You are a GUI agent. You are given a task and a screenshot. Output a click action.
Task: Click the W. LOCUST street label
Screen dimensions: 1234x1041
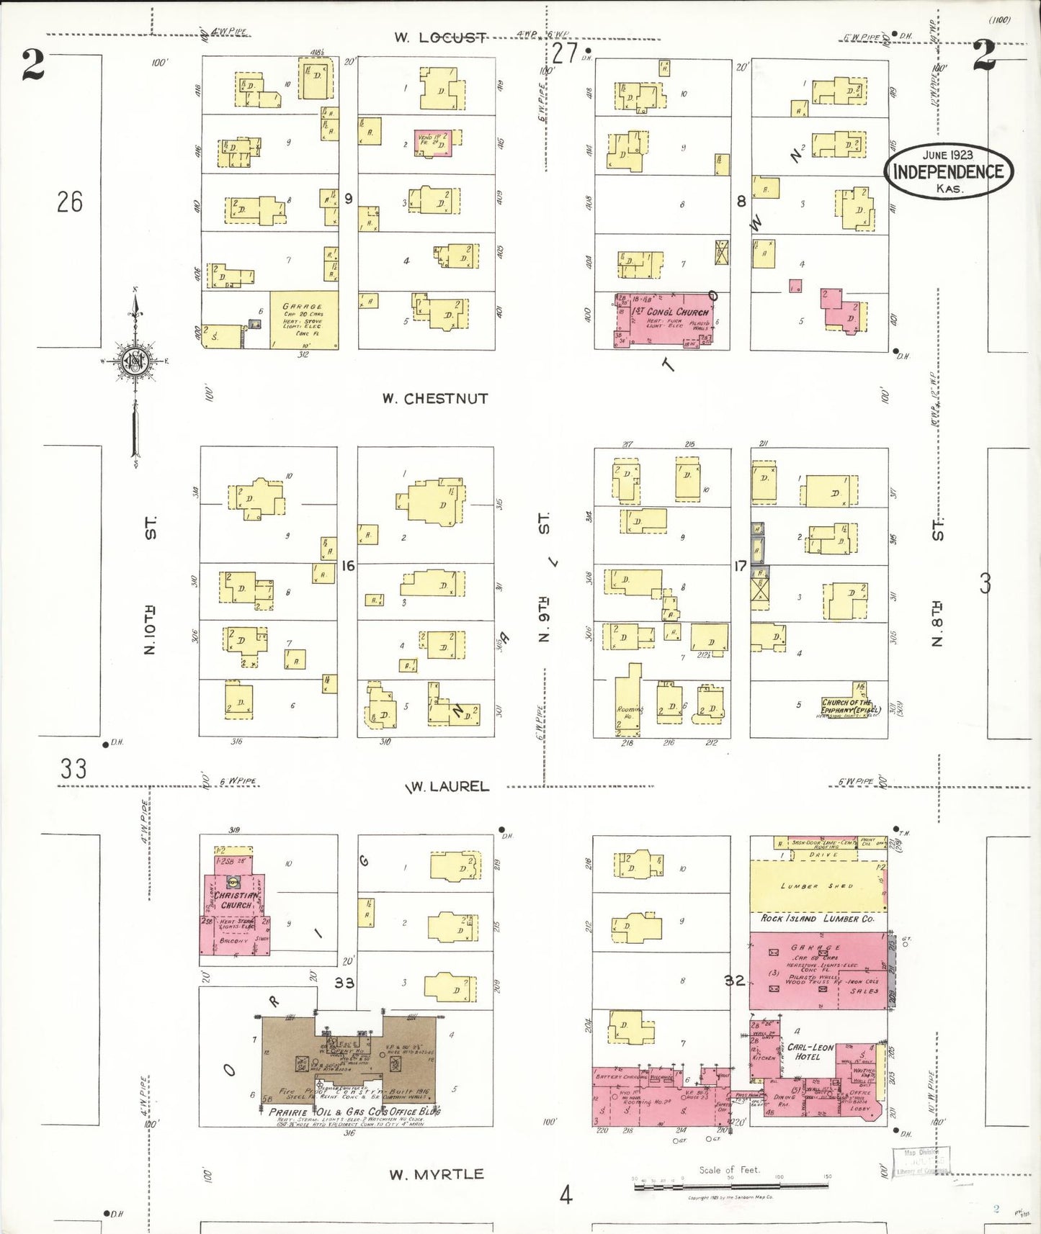click(439, 37)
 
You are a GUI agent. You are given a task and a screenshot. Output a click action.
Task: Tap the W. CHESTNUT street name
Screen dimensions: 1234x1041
click(435, 398)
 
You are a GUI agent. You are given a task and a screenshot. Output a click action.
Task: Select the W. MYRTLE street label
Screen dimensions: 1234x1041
click(437, 1174)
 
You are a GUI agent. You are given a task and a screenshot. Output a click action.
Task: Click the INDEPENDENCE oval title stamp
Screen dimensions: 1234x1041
click(948, 171)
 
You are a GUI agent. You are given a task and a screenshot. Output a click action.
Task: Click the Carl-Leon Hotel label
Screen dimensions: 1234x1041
click(810, 1052)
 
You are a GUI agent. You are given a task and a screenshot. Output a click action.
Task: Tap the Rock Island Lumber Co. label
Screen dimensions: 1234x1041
click(817, 919)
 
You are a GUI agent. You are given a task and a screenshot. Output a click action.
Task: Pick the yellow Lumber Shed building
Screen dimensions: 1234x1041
click(817, 886)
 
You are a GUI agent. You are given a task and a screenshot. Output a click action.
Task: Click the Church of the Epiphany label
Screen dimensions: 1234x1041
click(851, 706)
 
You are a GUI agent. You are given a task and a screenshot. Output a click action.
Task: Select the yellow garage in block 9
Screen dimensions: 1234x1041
click(303, 320)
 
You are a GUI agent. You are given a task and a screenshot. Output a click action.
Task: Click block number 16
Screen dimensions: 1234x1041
click(348, 566)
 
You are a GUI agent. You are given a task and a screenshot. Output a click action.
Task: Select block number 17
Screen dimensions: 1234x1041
click(740, 567)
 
